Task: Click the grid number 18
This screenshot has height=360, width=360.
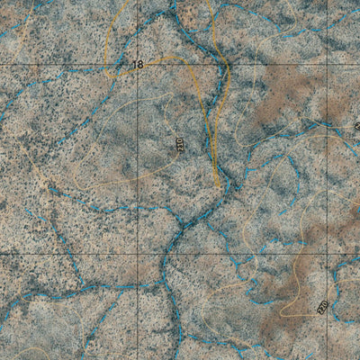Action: [137, 65]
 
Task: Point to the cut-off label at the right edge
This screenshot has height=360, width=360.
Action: [356, 127]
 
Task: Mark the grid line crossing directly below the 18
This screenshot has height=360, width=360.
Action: [137, 255]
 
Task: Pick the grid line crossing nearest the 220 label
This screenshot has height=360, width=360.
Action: [326, 255]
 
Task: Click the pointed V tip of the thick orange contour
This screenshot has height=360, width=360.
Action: [219, 184]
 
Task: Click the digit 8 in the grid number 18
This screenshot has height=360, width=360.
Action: [139, 65]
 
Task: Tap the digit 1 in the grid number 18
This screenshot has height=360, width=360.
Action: [133, 65]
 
